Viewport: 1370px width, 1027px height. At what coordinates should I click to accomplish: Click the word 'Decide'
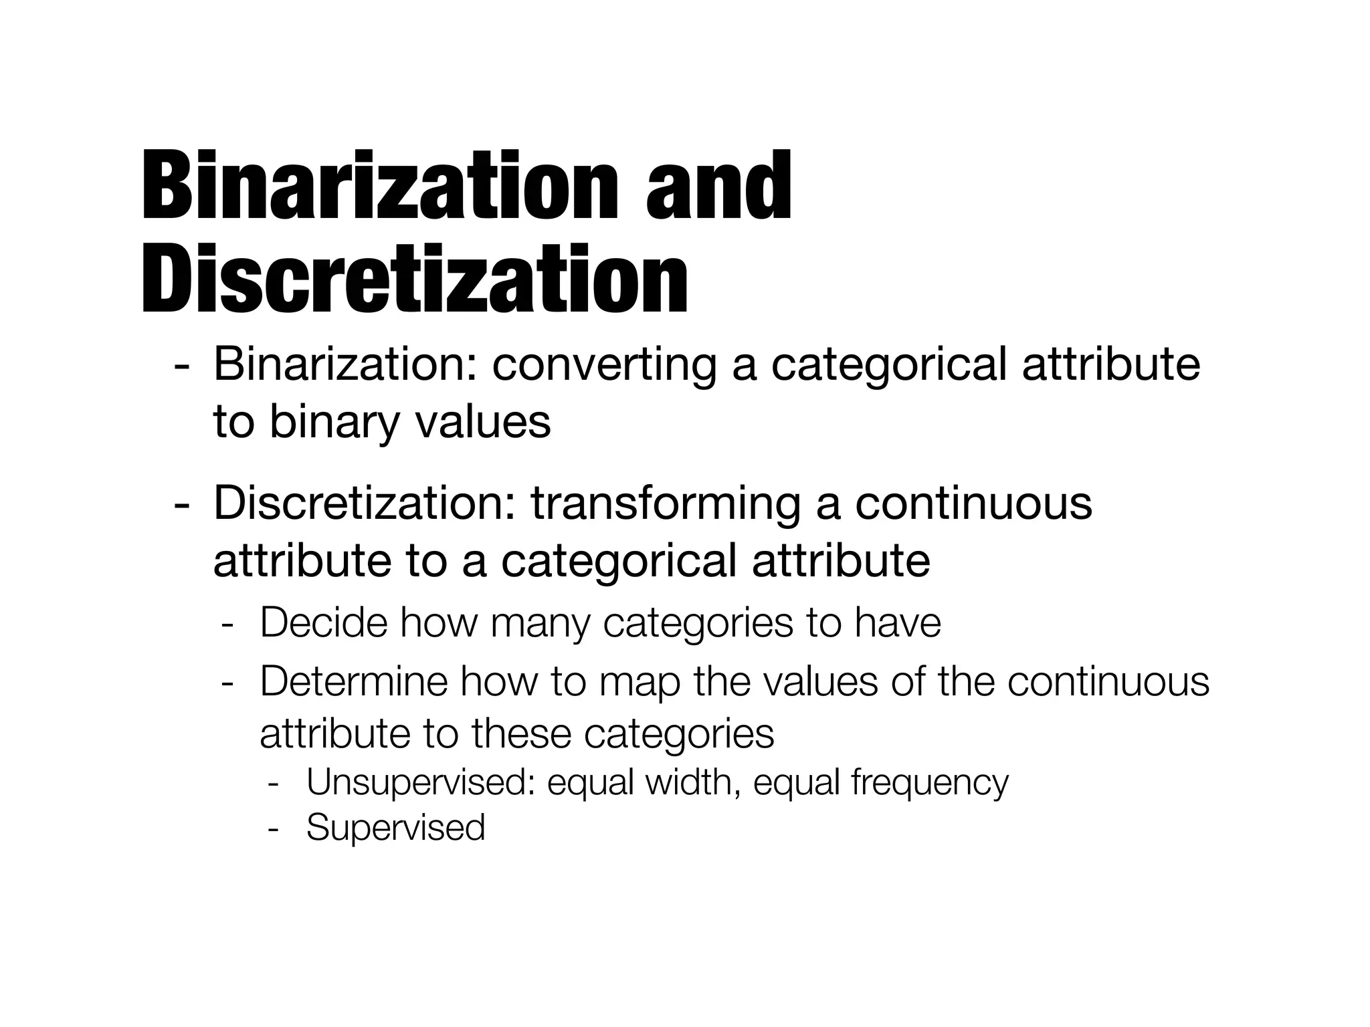click(324, 622)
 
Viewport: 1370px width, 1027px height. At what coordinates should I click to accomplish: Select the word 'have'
click(898, 622)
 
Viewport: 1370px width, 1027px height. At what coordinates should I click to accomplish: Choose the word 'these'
click(521, 733)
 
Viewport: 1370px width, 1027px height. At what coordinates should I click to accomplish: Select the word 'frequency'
click(930, 783)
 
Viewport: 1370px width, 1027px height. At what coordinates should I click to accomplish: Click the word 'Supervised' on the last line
click(395, 827)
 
